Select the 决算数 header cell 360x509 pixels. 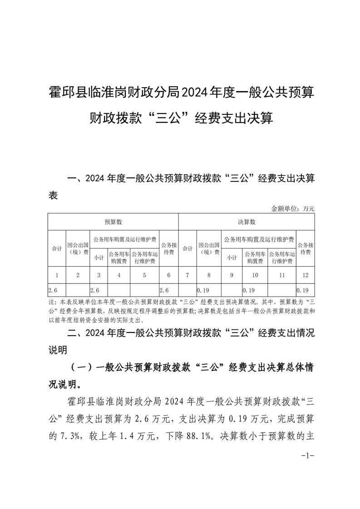point(247,222)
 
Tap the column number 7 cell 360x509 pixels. point(187,274)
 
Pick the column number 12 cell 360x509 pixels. point(305,274)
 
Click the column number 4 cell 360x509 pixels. point(118,274)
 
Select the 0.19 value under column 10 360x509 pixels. point(248,289)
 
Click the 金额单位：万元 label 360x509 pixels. point(292,209)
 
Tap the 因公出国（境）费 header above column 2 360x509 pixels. point(78,248)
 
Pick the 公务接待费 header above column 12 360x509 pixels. point(305,248)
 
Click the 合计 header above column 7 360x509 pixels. point(187,249)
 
